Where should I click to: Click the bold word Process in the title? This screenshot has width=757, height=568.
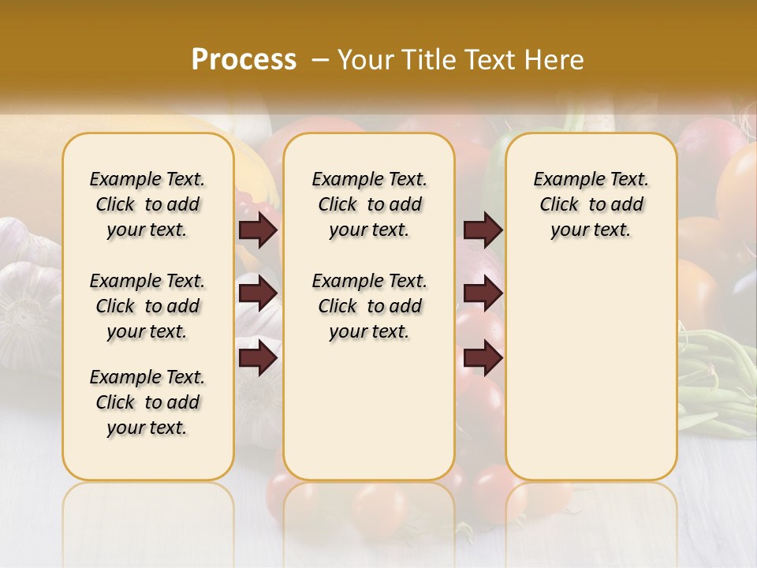(x=244, y=59)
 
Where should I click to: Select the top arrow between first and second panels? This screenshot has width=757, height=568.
(x=257, y=230)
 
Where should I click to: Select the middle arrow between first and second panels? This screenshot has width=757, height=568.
(x=257, y=293)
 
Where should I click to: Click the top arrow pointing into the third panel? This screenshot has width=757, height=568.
(x=483, y=230)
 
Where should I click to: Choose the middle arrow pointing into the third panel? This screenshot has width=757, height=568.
(x=483, y=293)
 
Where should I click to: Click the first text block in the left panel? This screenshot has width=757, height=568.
(x=147, y=204)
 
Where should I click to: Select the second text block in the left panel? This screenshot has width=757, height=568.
(x=147, y=306)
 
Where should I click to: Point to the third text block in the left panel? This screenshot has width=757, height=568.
(x=147, y=402)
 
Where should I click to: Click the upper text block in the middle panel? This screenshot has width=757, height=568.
(x=369, y=204)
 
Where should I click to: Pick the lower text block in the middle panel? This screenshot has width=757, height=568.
(x=369, y=306)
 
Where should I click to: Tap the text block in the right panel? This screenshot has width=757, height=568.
(x=591, y=204)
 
